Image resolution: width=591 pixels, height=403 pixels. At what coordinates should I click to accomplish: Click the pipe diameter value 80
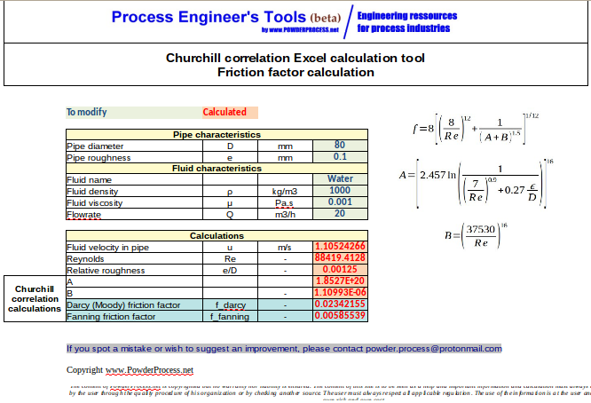(x=339, y=146)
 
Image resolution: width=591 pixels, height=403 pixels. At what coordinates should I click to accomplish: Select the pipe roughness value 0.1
(x=339, y=157)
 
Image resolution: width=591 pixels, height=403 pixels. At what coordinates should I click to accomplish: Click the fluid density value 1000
(x=339, y=191)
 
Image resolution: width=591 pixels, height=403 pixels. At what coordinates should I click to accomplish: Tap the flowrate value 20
(x=339, y=214)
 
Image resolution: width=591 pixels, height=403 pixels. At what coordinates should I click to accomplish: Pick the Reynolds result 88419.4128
(x=339, y=258)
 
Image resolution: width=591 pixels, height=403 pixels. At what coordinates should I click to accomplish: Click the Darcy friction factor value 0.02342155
(x=339, y=304)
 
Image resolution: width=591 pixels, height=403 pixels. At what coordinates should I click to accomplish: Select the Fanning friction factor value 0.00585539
(x=339, y=316)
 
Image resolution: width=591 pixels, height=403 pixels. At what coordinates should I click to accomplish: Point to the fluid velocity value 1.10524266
(x=339, y=247)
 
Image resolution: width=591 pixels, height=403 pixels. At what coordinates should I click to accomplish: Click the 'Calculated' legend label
(x=225, y=113)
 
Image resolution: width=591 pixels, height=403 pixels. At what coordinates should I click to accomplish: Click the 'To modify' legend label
(x=87, y=113)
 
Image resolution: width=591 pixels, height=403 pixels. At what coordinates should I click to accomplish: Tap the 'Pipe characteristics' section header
(x=216, y=135)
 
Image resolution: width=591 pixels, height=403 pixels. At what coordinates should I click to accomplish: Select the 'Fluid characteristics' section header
(x=216, y=168)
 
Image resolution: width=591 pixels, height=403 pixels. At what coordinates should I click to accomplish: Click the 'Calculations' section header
(x=216, y=236)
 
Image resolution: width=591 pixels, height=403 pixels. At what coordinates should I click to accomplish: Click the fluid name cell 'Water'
(x=339, y=179)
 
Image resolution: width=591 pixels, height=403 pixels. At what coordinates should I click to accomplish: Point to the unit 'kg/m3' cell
(x=284, y=191)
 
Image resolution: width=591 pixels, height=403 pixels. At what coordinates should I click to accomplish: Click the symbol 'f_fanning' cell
(x=229, y=316)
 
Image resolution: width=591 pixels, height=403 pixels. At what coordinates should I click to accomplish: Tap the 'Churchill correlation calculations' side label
(x=35, y=299)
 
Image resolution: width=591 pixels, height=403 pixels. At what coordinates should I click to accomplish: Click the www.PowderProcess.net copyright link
(x=149, y=369)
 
